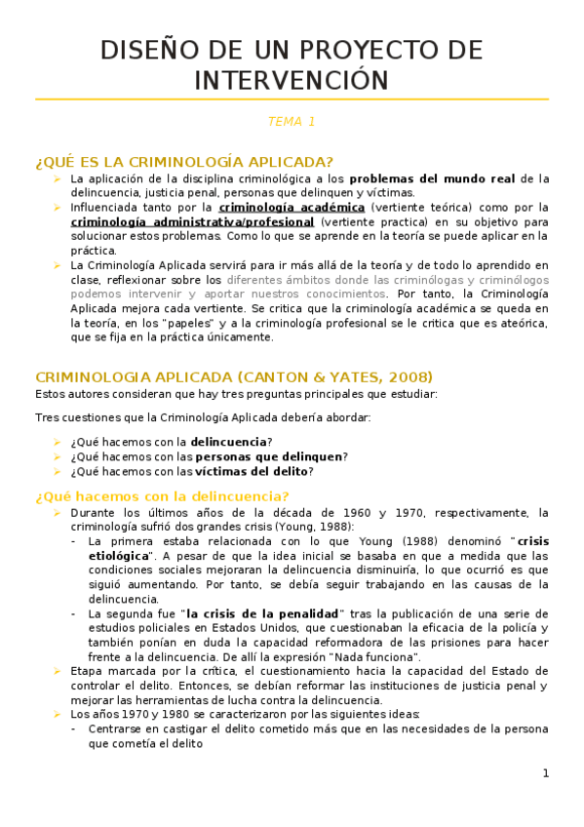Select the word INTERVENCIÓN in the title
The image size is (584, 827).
coord(292,80)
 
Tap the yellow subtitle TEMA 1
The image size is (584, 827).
coord(292,122)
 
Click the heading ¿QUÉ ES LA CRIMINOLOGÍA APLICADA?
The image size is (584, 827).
coord(184,162)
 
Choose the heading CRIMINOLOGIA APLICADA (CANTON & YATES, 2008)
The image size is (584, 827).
coord(234,376)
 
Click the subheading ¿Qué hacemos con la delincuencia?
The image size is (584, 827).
coord(162,495)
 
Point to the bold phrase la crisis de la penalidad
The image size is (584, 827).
coord(262,613)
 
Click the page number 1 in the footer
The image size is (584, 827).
coord(546,773)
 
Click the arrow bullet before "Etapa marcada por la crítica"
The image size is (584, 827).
coord(58,671)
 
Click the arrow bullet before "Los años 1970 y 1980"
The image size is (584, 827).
coord(58,714)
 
